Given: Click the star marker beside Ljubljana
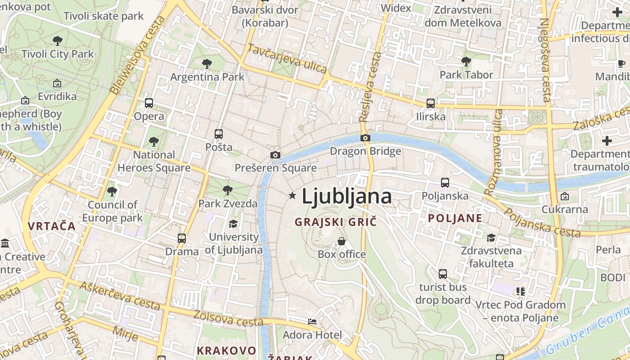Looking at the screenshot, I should point(292,195).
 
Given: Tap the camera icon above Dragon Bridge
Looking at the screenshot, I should point(365,138).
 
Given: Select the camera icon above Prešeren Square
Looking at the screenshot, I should point(275,155).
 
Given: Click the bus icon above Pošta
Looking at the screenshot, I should point(219,134).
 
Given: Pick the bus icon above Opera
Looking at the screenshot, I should point(149,103).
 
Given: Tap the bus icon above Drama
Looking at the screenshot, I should point(182,238).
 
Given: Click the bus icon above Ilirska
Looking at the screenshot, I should point(431,103).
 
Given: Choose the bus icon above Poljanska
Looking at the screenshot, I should point(445,183).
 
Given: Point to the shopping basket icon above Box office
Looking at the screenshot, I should point(342,242).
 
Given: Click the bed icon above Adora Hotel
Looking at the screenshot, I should point(312,322).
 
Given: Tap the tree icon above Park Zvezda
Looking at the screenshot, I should point(228,190).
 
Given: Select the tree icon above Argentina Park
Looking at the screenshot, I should point(207,63).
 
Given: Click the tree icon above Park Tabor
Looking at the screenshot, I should point(466,61).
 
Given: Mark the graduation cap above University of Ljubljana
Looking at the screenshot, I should point(234,224).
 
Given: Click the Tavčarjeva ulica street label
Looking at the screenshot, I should point(288,59).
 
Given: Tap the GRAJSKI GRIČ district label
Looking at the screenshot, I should point(335,221).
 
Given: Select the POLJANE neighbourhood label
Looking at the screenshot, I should point(455,218).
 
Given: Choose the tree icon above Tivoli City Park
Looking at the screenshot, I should point(58,41).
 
